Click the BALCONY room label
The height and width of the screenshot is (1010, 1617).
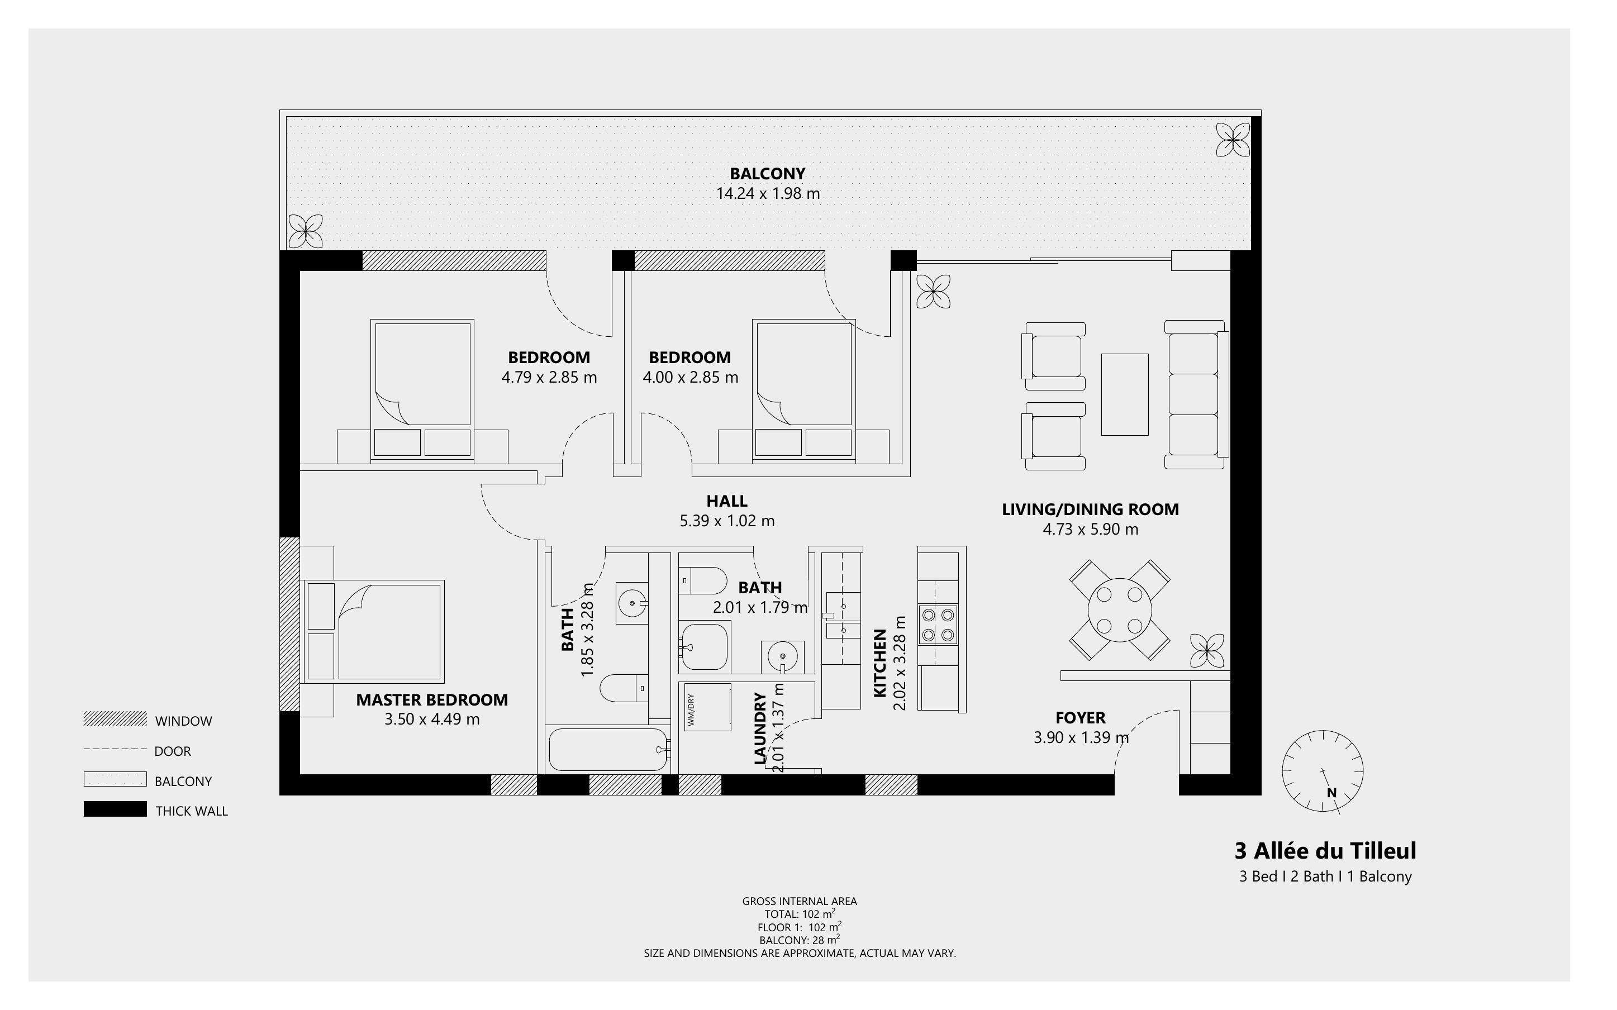click(767, 174)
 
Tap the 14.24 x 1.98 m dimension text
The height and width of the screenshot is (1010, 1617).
click(767, 194)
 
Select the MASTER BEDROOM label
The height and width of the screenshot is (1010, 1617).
click(431, 699)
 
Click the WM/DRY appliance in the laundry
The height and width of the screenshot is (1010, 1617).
click(707, 707)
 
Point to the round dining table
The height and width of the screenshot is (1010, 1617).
click(1119, 610)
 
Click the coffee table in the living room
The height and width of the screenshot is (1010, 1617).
click(1124, 395)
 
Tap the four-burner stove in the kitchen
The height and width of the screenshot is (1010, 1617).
click(937, 625)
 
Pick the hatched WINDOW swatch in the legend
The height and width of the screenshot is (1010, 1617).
click(115, 720)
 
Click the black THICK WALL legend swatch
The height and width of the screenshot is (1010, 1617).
click(115, 809)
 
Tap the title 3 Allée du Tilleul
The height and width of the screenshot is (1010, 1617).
click(1324, 851)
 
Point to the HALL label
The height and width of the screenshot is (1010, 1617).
click(727, 501)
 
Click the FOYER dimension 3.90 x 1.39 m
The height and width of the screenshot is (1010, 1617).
click(1081, 737)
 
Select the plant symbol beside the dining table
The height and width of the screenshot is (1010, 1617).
click(1206, 651)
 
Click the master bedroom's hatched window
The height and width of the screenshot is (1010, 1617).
click(289, 624)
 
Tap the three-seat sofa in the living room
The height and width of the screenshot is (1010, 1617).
click(1196, 394)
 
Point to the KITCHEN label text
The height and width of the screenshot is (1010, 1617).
click(879, 663)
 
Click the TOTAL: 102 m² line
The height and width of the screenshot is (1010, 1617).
click(800, 914)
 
